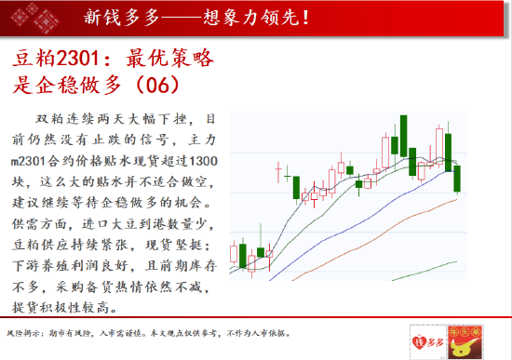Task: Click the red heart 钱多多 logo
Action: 424,340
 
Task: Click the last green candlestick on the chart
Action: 458,179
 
